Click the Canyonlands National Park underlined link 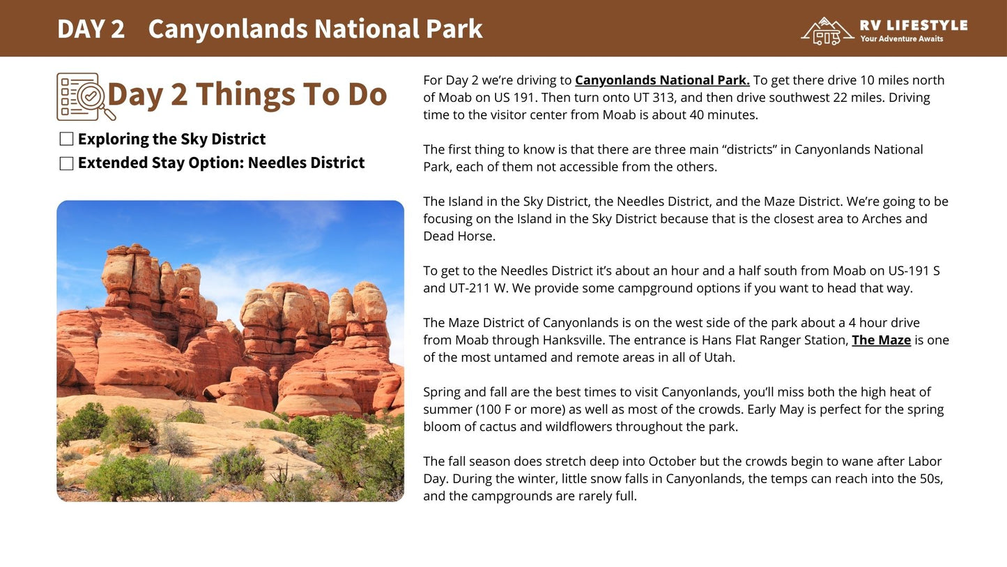tap(662, 80)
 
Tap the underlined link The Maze tap(881, 340)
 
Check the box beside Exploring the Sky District tap(66, 139)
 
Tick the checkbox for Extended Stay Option tap(66, 163)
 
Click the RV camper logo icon tap(827, 31)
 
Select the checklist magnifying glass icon tap(86, 97)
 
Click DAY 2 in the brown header tap(91, 29)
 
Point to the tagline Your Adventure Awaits tap(901, 39)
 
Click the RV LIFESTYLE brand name tap(914, 25)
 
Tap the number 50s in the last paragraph tap(931, 479)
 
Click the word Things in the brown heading tap(245, 95)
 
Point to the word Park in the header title tap(454, 29)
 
